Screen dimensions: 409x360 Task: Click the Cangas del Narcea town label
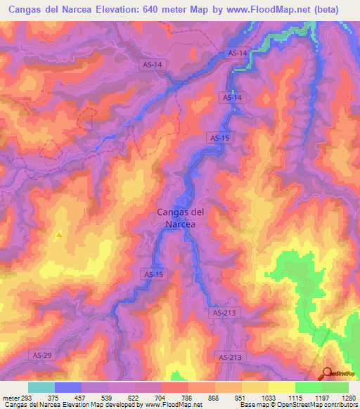click(180, 218)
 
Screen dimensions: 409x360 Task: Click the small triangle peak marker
click(60, 233)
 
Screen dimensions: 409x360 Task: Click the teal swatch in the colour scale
click(41, 387)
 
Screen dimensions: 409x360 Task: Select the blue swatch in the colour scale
click(68, 387)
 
